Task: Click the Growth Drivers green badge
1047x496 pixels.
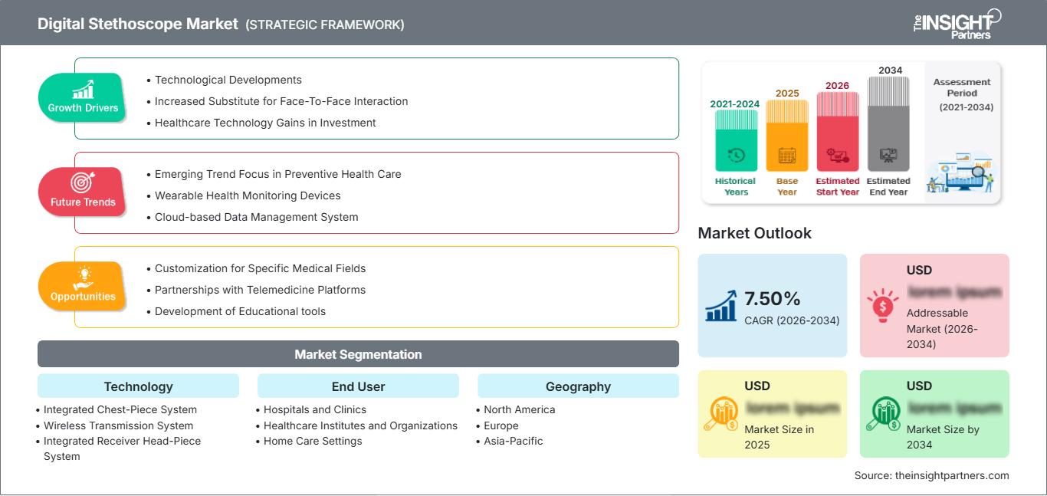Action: pyautogui.click(x=83, y=98)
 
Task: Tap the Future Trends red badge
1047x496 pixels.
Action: pyautogui.click(x=82, y=192)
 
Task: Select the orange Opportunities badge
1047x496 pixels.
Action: pyautogui.click(x=82, y=287)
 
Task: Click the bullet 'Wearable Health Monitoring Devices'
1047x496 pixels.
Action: pyautogui.click(x=248, y=195)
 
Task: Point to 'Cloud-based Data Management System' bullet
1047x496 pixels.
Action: pyautogui.click(x=256, y=217)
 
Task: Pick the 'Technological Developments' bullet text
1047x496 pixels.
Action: pyautogui.click(x=228, y=80)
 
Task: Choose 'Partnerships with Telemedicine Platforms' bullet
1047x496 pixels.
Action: pyautogui.click(x=260, y=290)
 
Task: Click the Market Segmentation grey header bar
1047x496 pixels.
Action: pyautogui.click(x=358, y=354)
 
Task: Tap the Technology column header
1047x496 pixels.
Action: pyautogui.click(x=138, y=386)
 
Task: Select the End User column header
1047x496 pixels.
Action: pyautogui.click(x=358, y=386)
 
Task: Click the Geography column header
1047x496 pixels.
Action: pyautogui.click(x=578, y=386)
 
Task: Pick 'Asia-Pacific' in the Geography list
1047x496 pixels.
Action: pyautogui.click(x=513, y=441)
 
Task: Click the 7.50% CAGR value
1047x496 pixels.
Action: pyautogui.click(x=772, y=298)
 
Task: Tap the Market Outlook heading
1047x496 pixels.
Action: pyautogui.click(x=754, y=233)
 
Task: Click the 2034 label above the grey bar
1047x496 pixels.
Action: pyautogui.click(x=890, y=70)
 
